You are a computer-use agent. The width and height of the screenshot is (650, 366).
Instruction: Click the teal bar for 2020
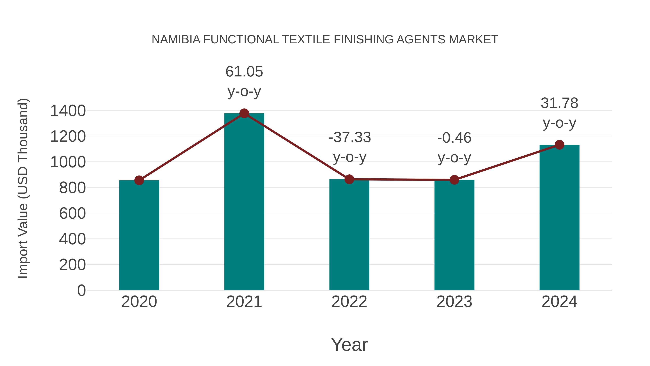pyautogui.click(x=139, y=235)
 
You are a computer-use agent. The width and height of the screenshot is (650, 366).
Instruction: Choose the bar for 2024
pyautogui.click(x=559, y=217)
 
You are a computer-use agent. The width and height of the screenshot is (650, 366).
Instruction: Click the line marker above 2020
pyautogui.click(x=139, y=180)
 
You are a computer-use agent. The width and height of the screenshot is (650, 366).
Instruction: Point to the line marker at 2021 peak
pyautogui.click(x=244, y=113)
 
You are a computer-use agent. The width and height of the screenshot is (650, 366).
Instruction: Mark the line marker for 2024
pyautogui.click(x=559, y=145)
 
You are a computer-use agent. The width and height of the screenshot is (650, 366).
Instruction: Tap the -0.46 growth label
pyautogui.click(x=454, y=147)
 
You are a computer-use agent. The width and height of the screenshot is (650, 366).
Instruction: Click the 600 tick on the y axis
pyautogui.click(x=72, y=213)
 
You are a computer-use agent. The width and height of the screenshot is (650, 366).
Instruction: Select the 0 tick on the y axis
pyautogui.click(x=81, y=290)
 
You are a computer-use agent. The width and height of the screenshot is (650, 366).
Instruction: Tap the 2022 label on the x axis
pyautogui.click(x=349, y=302)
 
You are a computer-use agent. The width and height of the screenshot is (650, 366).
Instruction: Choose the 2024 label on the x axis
pyautogui.click(x=559, y=302)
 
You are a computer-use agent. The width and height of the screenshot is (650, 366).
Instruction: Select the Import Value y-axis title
pyautogui.click(x=23, y=188)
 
